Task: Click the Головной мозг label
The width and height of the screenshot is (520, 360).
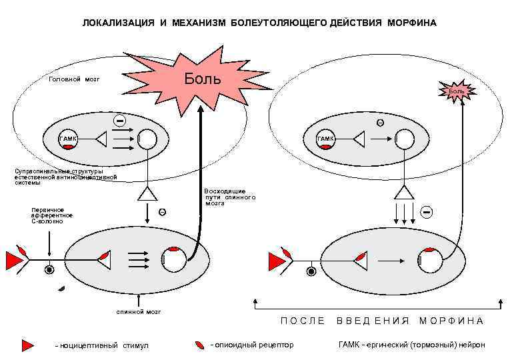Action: tap(74, 79)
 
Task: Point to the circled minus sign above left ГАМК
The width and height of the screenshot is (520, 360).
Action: tap(119, 121)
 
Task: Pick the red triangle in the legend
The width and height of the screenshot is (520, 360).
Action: tap(27, 345)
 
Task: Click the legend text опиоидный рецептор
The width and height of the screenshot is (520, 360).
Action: tap(252, 345)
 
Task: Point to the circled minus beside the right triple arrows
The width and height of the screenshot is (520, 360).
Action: tap(427, 211)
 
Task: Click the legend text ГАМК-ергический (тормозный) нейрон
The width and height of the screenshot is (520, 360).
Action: tap(412, 345)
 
